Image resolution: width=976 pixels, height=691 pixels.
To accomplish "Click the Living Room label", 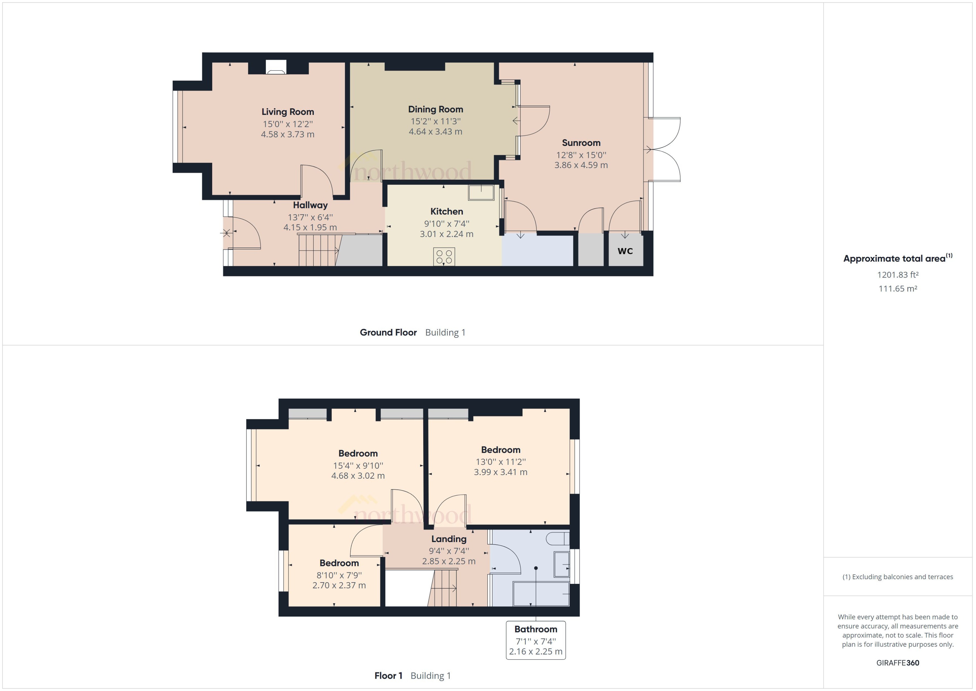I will [x=288, y=112].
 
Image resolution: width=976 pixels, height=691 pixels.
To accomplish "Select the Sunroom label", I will [x=581, y=143].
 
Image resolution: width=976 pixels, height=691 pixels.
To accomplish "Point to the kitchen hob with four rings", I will [x=444, y=257].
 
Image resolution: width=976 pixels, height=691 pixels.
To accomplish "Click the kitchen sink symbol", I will [x=481, y=192].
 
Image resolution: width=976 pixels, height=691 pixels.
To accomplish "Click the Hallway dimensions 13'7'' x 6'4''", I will [x=310, y=217].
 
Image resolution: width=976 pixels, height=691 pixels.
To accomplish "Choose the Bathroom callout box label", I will [x=535, y=629].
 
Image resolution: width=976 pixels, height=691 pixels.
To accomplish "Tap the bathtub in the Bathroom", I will [x=541, y=594].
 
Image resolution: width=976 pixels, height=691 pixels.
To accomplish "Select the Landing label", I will [x=449, y=539].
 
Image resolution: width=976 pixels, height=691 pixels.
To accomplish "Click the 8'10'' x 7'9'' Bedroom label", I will [x=339, y=563].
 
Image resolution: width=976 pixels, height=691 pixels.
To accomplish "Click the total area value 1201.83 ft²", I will [x=897, y=275].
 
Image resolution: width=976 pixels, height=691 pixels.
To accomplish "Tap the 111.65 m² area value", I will [x=897, y=288].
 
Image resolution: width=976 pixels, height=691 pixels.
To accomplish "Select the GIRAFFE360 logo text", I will [x=897, y=663].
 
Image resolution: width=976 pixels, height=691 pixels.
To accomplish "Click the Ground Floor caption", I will [x=388, y=332].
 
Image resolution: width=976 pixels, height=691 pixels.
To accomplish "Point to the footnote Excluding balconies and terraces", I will [x=897, y=577].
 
